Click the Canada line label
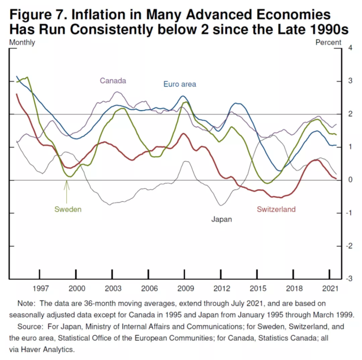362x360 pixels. tap(113, 81)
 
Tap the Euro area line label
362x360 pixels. tap(179, 84)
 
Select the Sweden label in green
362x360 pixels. tap(68, 209)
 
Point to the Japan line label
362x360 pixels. tap(221, 219)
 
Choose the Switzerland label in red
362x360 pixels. tap(276, 209)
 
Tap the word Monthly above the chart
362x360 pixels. tap(23, 42)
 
